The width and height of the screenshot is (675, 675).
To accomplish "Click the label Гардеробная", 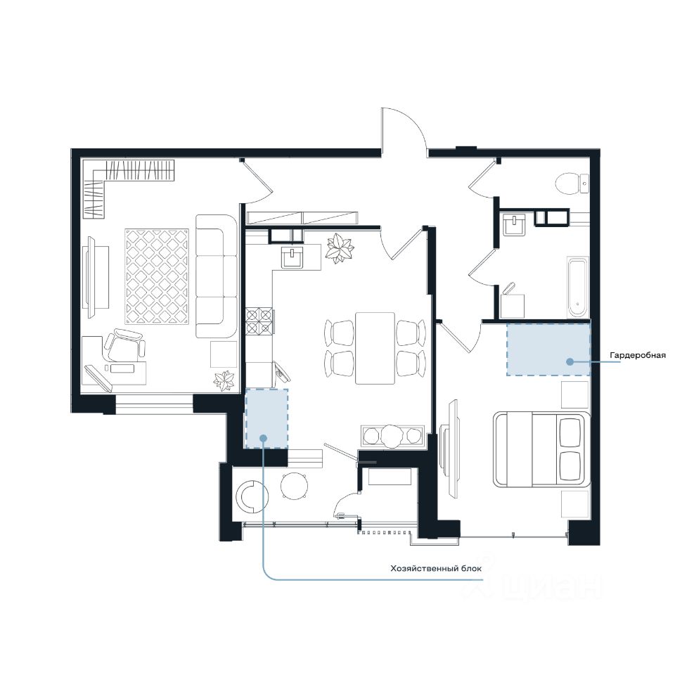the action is click(638, 355).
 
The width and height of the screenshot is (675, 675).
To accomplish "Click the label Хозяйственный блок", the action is click(436, 568).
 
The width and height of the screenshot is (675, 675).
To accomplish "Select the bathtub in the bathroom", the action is click(577, 287).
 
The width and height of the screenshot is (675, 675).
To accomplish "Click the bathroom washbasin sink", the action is click(514, 224).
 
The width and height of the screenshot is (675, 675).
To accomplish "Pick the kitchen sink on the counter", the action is click(292, 257).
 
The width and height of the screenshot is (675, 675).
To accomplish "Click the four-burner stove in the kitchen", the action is click(259, 321).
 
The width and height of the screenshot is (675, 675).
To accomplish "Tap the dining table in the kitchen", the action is click(375, 348).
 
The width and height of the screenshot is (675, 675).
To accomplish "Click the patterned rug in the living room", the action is click(157, 276).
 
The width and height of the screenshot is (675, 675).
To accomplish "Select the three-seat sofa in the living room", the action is click(217, 276).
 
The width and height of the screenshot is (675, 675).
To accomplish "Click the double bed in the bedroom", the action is click(541, 449).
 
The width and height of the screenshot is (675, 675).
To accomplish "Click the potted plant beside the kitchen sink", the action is click(340, 248).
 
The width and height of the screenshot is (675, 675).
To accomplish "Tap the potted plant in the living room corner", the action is click(224, 380).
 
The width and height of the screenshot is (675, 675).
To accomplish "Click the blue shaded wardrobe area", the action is click(548, 349).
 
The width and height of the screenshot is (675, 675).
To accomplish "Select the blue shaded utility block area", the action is click(266, 418).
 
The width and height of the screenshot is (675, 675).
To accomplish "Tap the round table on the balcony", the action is click(295, 486).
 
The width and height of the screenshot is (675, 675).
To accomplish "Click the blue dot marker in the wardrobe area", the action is click(570, 361).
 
